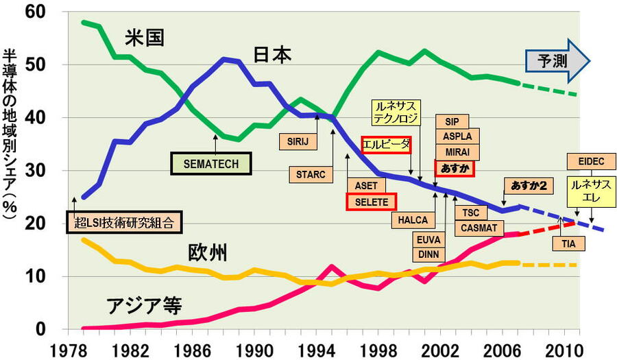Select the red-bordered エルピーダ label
(385, 145)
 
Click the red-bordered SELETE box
(371, 202)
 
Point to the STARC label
(310, 174)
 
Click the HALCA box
(413, 220)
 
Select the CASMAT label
(473, 228)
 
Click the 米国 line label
(144, 38)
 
